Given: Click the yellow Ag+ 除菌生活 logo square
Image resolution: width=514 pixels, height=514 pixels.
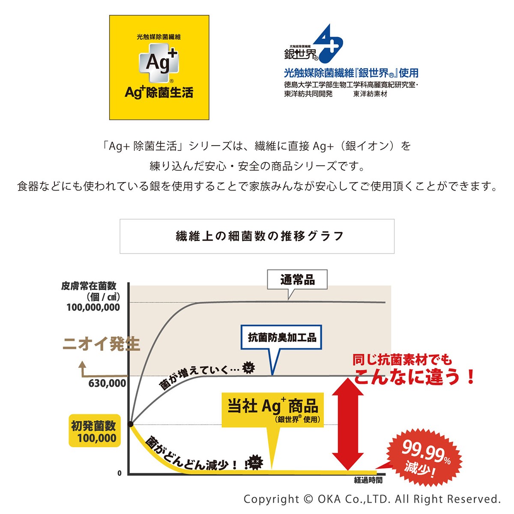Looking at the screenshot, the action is pos(159,68).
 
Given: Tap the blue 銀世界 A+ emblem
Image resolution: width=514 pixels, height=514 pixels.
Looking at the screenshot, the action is pos(328,44).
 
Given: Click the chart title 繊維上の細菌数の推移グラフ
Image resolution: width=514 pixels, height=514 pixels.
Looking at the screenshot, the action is pos(257,236).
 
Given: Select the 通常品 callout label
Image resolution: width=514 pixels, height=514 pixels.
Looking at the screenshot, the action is pos(297,280).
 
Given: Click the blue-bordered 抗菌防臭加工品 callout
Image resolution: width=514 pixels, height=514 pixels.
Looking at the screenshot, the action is pos(281,338).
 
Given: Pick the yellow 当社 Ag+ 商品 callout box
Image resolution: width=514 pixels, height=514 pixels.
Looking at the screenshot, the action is pos(272,409).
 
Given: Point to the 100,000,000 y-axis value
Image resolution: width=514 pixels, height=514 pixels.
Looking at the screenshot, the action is pos(93,308).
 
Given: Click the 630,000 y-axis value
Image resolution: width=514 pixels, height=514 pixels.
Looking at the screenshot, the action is pos(107,383).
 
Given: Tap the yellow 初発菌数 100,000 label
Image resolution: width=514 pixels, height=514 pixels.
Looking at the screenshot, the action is pos(94,432).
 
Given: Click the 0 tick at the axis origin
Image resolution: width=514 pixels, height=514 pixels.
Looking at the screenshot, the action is pos(120,473).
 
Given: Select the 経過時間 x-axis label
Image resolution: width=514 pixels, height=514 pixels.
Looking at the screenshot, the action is pos(368,480).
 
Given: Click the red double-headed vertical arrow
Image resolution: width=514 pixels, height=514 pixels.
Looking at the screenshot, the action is pos(349,424).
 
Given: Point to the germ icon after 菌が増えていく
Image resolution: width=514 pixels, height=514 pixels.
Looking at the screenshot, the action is pos(248,367).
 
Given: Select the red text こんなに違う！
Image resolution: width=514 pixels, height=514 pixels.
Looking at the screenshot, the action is pos(414,377).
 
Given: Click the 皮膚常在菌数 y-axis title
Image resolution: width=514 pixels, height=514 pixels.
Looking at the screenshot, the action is pos(89,286).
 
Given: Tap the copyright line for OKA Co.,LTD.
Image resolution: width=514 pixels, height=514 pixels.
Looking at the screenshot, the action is pos(372,499).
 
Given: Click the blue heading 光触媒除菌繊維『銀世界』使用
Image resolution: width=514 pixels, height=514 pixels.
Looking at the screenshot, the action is pos(351,73).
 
